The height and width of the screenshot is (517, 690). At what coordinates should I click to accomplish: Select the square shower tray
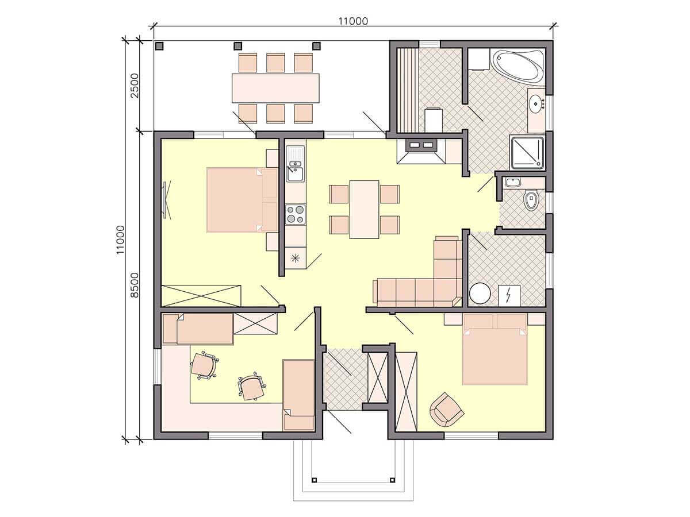[x=527, y=153]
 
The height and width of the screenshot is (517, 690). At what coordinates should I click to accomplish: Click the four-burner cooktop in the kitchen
[x=295, y=214]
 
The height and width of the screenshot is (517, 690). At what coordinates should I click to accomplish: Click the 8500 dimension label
[x=135, y=285]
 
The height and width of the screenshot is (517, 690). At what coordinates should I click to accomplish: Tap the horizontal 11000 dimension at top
[x=353, y=21]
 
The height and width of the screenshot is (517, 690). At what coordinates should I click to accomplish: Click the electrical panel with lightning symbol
[x=509, y=295]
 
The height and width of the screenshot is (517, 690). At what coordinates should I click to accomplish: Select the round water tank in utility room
[x=480, y=294]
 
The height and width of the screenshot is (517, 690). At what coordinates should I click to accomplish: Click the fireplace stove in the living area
[x=421, y=151]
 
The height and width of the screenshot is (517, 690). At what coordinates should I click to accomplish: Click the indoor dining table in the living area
[x=365, y=209]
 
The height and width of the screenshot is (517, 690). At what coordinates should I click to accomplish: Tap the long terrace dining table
[x=275, y=88]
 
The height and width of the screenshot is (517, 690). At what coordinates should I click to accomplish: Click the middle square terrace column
[x=238, y=46]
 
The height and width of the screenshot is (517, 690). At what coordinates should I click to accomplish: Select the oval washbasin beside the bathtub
[x=536, y=104]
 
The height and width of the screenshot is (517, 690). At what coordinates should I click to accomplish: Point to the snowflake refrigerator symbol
[x=295, y=258]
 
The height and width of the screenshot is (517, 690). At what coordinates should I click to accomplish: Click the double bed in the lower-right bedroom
[x=495, y=349]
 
